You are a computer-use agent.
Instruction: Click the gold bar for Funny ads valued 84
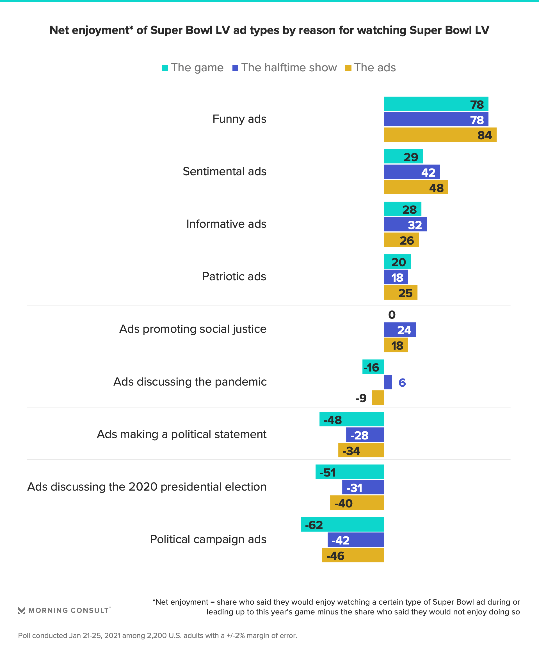pos(440,135)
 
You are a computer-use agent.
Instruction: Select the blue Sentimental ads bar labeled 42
pos(412,172)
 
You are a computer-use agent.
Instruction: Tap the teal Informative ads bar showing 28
pos(402,209)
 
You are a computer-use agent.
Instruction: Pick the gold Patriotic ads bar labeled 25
pos(400,292)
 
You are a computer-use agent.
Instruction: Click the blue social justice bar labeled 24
pos(400,330)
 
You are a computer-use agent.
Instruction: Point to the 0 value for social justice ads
pos(392,315)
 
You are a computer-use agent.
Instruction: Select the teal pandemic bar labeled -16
pos(373,367)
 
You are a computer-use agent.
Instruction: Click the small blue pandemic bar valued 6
pos(388,382)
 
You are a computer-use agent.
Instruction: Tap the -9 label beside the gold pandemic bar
pos(361,398)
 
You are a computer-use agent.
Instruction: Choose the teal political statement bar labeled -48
pos(351,419)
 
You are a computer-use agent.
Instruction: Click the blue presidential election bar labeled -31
pos(363,487)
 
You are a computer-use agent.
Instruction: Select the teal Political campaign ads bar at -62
pos(342,524)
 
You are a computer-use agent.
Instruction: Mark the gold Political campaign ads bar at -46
pos(353,555)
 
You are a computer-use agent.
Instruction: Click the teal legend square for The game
pos(165,68)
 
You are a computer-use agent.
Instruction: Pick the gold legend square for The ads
pos(348,68)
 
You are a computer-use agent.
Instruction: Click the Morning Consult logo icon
pos(22,610)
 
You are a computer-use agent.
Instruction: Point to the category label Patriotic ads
pos(234,276)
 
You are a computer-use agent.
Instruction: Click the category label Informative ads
pos(226,224)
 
